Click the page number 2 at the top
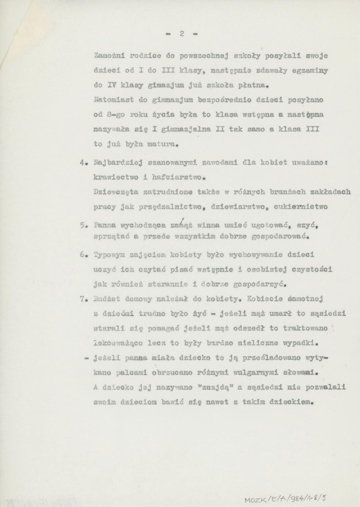[182, 33]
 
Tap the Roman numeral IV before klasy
[112, 85]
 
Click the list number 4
[82, 163]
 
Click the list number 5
[82, 225]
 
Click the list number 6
[82, 254]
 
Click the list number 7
[82, 299]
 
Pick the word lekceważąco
[118, 343]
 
